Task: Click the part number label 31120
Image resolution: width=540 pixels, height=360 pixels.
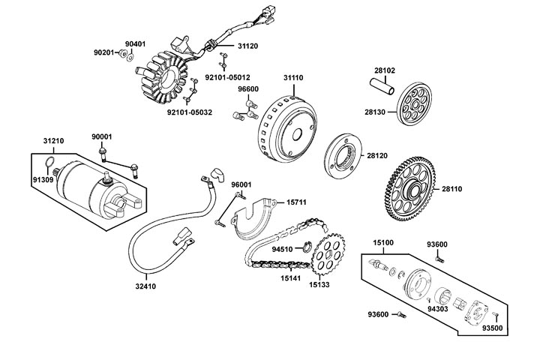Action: [x=248, y=45]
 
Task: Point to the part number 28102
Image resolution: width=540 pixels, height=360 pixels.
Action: [x=385, y=70]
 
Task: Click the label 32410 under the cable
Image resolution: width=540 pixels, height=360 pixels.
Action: [x=147, y=286]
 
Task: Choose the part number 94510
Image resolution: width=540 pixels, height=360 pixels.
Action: [x=282, y=248]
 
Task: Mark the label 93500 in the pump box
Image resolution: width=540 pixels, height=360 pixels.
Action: [x=493, y=328]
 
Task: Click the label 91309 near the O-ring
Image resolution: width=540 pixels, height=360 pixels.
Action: [x=43, y=179]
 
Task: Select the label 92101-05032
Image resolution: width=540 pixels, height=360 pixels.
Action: [x=188, y=112]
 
